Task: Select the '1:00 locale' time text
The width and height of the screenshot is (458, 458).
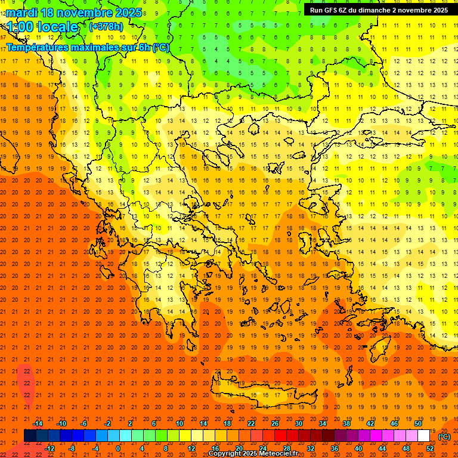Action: tap(42, 27)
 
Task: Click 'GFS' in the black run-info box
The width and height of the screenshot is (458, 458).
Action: tap(330, 10)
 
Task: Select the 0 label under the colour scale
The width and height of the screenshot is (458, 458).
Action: tap(118, 448)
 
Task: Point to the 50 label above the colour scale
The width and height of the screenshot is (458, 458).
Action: tap(417, 423)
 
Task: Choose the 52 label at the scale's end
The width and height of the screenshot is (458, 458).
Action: tap(430, 448)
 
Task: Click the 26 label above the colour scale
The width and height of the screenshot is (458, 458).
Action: tap(274, 423)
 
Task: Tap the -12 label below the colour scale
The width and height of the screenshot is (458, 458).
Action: tap(49, 448)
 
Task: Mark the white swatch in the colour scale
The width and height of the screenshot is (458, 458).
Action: tap(423, 436)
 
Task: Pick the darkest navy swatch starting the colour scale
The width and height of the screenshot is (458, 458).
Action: tap(30, 436)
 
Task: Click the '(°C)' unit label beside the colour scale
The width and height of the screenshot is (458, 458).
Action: tap(444, 437)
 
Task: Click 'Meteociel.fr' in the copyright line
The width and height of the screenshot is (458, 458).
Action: tap(278, 454)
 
